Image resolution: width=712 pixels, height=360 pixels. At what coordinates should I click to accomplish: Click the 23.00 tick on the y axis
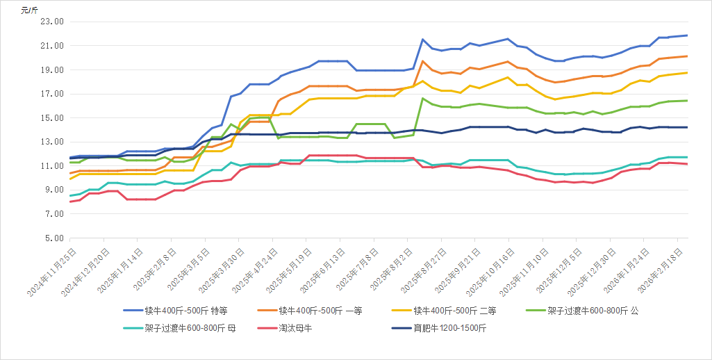point(53,22)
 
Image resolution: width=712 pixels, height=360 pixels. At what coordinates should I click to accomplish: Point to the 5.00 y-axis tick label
point(55,238)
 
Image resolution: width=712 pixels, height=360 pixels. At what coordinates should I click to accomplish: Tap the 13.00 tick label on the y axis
point(53,142)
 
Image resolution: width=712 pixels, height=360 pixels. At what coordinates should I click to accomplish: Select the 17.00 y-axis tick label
point(53,94)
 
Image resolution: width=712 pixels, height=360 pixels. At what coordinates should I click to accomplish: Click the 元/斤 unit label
point(28,10)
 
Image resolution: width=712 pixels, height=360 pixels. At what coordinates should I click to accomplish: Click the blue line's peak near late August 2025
point(422,39)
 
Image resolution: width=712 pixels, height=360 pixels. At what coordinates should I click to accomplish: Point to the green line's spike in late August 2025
point(422,98)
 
